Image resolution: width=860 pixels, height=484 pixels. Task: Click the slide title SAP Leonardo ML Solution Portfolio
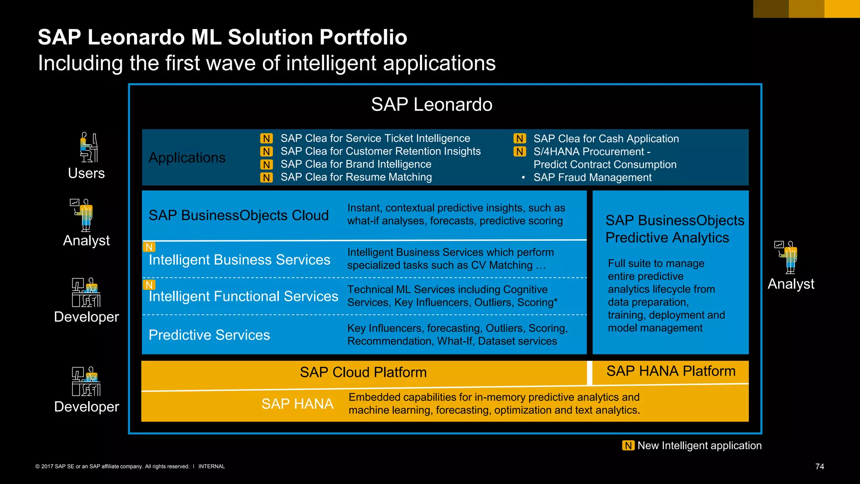(x=223, y=37)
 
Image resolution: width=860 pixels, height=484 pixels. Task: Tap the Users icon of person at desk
(x=89, y=147)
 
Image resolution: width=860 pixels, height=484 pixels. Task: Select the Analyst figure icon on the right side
(x=787, y=257)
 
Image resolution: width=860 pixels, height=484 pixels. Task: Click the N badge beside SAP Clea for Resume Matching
(x=266, y=178)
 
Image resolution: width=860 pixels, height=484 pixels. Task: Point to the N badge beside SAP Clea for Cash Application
(x=519, y=139)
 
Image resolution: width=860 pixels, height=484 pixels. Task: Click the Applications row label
(x=187, y=158)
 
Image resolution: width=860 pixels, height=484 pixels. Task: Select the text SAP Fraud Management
(x=592, y=178)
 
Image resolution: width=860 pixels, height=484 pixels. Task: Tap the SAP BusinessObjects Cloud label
(x=239, y=215)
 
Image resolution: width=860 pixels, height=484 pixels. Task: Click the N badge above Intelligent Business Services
(x=149, y=247)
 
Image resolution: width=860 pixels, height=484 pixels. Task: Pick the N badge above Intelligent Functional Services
(x=149, y=285)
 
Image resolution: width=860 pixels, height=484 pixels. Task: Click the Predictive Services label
(x=209, y=335)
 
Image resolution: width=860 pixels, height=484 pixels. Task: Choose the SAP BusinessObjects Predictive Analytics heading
(x=674, y=229)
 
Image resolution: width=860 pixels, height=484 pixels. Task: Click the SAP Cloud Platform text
(x=363, y=372)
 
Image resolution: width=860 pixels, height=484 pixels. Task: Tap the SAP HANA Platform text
(x=671, y=371)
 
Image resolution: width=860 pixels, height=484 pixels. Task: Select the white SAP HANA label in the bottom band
(x=297, y=404)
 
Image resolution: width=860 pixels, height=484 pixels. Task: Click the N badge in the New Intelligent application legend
(x=628, y=445)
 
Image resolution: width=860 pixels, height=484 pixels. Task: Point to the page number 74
(x=819, y=466)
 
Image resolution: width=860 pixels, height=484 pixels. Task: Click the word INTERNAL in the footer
(x=211, y=466)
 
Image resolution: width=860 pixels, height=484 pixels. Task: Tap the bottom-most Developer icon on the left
(x=86, y=381)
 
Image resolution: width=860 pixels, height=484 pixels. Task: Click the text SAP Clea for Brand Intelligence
(x=356, y=164)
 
